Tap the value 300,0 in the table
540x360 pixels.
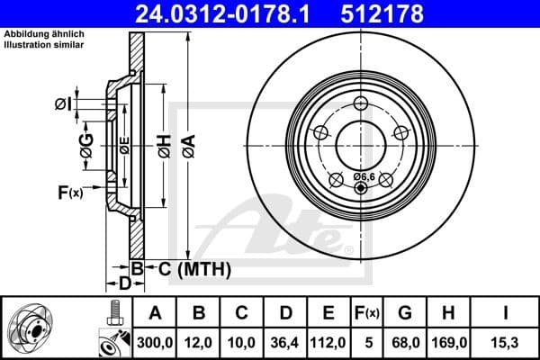(154, 341)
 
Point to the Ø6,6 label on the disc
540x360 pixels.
(364, 176)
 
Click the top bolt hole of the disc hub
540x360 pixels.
(362, 103)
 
